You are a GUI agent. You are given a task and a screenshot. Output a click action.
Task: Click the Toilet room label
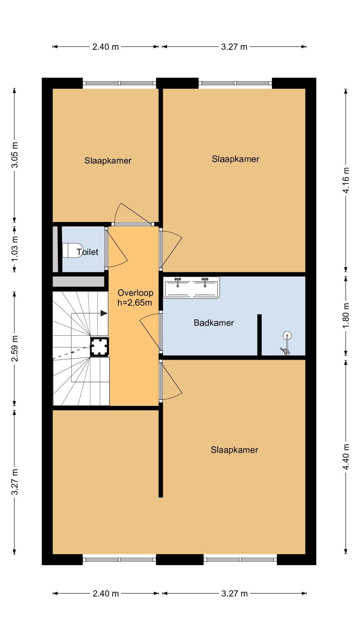87,252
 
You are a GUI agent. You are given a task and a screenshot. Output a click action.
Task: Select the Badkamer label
214,323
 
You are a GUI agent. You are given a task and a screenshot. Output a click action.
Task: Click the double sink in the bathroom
191,287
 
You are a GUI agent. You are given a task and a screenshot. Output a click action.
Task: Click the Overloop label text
135,293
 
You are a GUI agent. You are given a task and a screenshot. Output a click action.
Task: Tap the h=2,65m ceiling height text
135,303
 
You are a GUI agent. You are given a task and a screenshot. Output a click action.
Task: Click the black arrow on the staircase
104,313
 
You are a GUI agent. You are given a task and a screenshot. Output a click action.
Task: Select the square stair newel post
100,347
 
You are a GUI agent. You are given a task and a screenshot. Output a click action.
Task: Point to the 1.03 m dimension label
15,249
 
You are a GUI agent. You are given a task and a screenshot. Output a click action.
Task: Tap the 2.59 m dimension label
15,348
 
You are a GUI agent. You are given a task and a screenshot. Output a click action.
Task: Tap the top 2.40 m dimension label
105,47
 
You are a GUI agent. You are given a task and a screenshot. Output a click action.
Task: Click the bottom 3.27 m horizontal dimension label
234,593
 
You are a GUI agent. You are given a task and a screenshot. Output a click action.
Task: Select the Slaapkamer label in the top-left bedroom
108,161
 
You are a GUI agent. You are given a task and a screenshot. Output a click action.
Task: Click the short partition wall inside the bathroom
259,335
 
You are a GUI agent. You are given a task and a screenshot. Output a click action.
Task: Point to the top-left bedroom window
119,83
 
